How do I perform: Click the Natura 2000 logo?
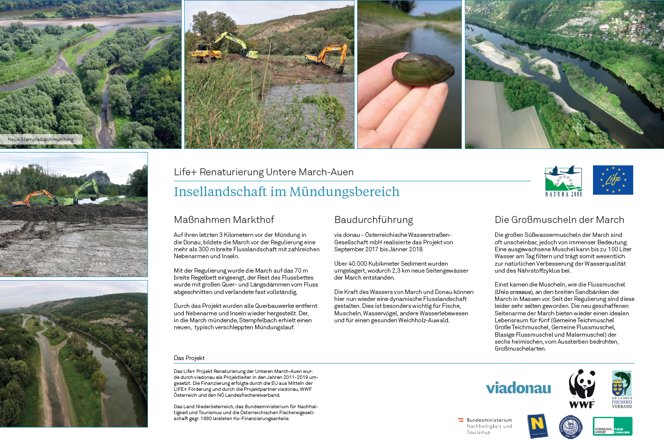point(563,181)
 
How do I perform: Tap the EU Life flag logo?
point(613,180)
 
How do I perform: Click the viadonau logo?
point(518,388)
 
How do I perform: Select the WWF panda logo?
point(582,388)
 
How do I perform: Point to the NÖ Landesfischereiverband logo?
point(621,389)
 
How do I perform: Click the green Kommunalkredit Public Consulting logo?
point(612,426)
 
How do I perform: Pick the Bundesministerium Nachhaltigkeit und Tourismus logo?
point(485,426)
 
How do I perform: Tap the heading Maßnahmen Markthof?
point(224,220)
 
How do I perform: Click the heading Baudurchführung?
point(373,220)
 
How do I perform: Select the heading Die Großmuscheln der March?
point(559,220)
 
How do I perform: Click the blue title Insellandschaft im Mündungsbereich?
point(287,192)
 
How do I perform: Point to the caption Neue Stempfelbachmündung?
point(41,140)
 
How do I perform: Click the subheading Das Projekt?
point(189,358)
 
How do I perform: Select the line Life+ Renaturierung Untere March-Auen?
point(264,172)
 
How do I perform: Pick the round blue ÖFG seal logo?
point(571,427)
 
